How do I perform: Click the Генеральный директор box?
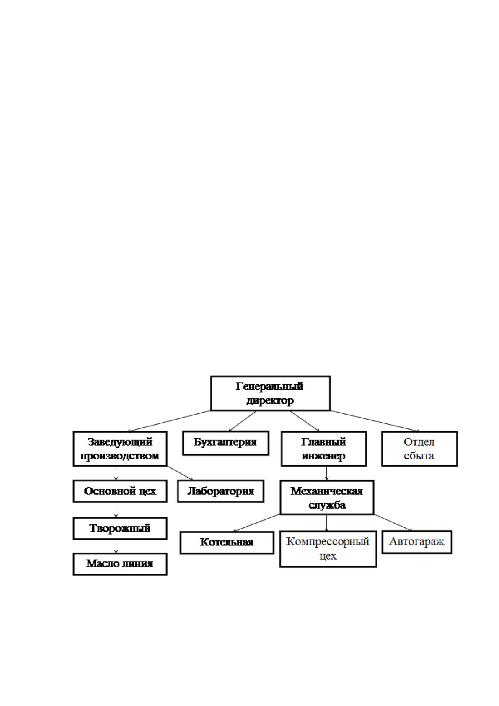pyautogui.click(x=270, y=393)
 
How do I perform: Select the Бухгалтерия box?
pyautogui.click(x=225, y=443)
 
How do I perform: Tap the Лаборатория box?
pyautogui.click(x=220, y=491)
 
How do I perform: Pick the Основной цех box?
pyautogui.click(x=120, y=491)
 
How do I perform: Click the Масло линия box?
pyautogui.click(x=120, y=564)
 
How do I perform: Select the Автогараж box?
pyautogui.click(x=417, y=542)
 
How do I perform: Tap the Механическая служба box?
pyautogui.click(x=327, y=497)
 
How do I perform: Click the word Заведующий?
pyautogui.click(x=120, y=442)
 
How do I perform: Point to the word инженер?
pyautogui.click(x=323, y=456)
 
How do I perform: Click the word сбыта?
pyautogui.click(x=419, y=456)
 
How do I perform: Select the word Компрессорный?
pyautogui.click(x=328, y=541)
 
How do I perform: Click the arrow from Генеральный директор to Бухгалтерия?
pyautogui.click(x=243, y=421)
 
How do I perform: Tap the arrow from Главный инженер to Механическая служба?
pyautogui.click(x=327, y=473)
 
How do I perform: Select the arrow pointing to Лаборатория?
pyautogui.click(x=180, y=473)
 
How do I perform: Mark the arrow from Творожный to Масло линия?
pyautogui.click(x=116, y=546)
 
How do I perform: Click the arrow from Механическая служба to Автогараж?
pyautogui.click(x=393, y=522)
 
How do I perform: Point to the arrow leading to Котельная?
pyautogui.click(x=257, y=523)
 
